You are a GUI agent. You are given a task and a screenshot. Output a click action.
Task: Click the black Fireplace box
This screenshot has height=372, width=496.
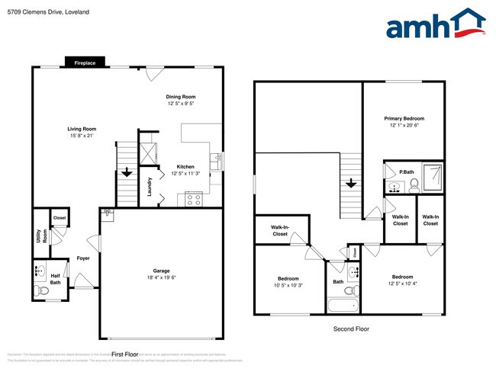pyautogui.click(x=85, y=63)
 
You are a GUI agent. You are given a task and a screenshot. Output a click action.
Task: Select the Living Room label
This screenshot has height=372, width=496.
pyautogui.click(x=81, y=129)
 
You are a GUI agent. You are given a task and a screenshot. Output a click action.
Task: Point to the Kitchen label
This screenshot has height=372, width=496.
pyautogui.click(x=185, y=166)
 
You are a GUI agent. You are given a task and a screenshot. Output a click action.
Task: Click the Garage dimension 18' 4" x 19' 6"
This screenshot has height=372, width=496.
pyautogui.click(x=161, y=278)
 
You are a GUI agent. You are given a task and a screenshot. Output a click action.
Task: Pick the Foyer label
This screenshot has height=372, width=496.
pyautogui.click(x=83, y=258)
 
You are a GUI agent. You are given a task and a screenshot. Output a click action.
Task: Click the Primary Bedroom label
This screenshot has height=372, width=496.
pyautogui.click(x=404, y=118)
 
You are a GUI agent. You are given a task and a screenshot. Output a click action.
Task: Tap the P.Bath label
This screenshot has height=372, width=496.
pyautogui.click(x=404, y=172)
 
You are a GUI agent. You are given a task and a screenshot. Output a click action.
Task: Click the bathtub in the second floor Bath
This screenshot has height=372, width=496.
pyautogui.click(x=343, y=306)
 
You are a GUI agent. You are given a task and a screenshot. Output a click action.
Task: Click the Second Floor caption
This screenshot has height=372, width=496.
pyautogui.click(x=351, y=329)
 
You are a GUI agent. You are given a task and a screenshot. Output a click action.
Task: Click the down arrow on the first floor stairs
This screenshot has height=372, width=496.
pyautogui.click(x=125, y=172)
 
